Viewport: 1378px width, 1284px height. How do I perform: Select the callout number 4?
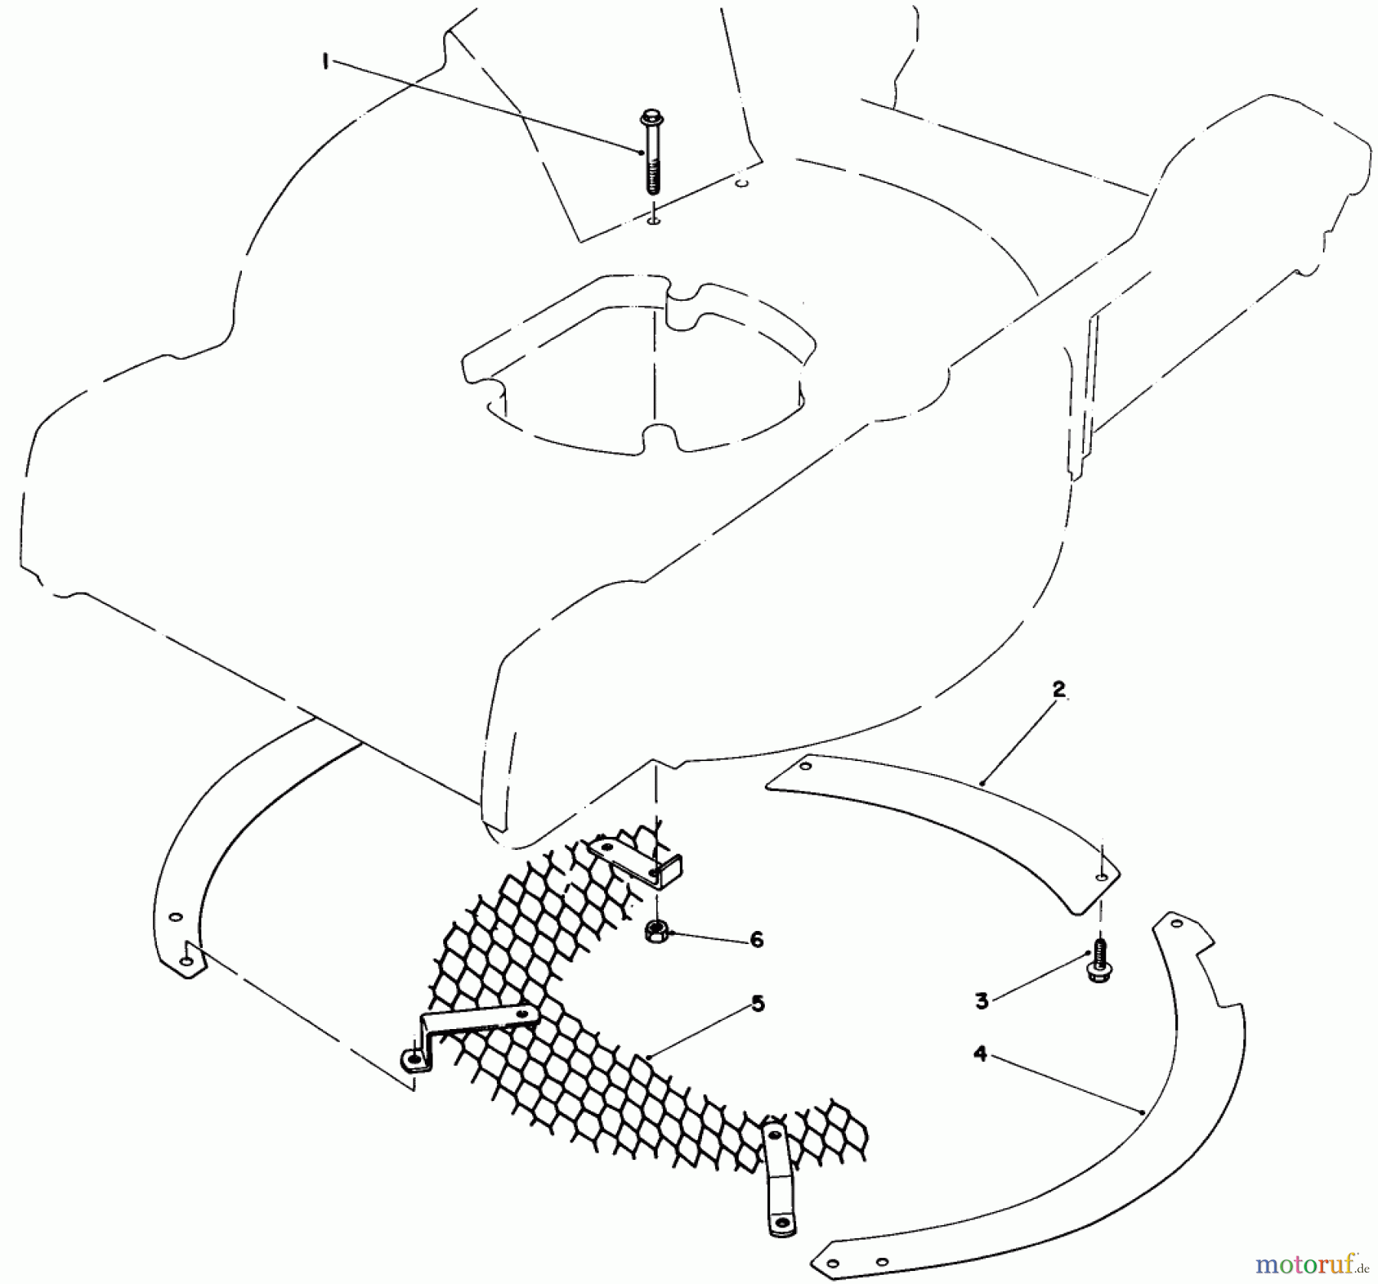click(981, 1054)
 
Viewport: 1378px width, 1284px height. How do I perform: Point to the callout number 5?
click(757, 1003)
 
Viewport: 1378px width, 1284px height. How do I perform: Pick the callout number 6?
click(756, 939)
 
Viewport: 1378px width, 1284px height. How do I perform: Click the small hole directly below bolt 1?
click(652, 222)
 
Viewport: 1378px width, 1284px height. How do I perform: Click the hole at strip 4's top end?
click(1177, 924)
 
